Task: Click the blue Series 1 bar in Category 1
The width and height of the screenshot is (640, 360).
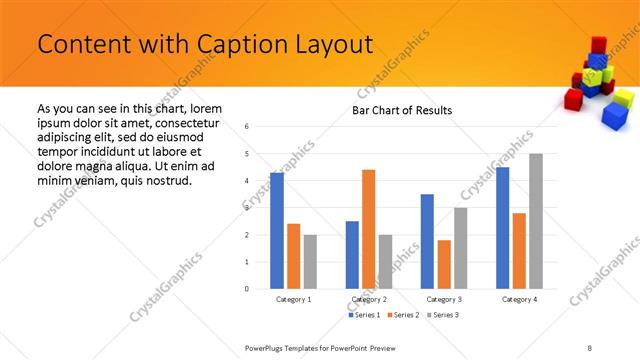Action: point(277,231)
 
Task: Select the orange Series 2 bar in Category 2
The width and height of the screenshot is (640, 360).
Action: point(369,229)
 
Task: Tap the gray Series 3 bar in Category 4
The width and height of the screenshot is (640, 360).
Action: point(536,221)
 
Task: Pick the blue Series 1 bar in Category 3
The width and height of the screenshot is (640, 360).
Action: point(427,241)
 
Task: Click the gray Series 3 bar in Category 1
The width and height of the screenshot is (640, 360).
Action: point(311,261)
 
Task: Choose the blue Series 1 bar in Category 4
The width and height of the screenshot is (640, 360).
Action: point(503,228)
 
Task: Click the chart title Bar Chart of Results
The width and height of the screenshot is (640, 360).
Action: point(402,110)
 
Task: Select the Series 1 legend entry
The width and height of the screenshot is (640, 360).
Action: point(363,315)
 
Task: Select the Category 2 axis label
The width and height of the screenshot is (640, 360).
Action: point(370,299)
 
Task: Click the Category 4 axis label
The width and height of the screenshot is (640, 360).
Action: point(520,299)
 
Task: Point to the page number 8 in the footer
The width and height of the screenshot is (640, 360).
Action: point(590,347)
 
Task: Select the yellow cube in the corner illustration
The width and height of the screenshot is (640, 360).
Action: point(622,98)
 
